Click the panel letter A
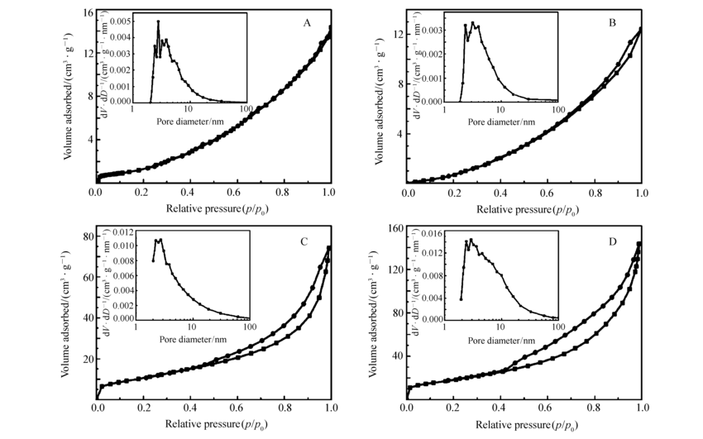point(306,23)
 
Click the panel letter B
point(612,23)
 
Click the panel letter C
point(304,242)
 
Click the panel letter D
point(613,242)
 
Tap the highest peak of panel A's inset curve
point(158,21)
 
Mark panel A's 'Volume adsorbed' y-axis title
point(69,97)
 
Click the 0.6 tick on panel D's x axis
point(547,408)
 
